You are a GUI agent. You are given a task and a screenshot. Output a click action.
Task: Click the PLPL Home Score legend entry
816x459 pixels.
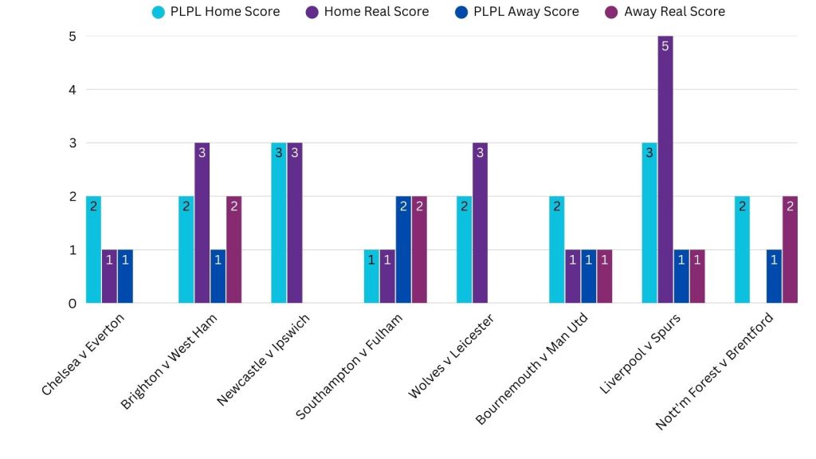click(215, 12)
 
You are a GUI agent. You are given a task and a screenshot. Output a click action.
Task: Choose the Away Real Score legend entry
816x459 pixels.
click(665, 12)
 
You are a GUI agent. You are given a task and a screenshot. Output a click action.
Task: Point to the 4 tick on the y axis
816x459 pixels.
click(72, 89)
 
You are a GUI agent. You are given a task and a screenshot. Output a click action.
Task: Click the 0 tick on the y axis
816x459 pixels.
click(72, 303)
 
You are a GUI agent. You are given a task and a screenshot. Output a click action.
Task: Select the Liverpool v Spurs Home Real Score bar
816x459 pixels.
click(665, 170)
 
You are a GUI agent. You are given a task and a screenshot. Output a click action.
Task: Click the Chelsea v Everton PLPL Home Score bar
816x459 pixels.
click(93, 249)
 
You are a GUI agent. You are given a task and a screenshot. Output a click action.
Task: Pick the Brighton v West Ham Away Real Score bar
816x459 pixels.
click(233, 249)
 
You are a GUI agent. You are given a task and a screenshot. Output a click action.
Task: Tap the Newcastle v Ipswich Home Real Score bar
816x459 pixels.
click(295, 223)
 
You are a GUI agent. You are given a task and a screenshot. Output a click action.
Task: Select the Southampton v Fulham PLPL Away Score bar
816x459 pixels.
click(403, 249)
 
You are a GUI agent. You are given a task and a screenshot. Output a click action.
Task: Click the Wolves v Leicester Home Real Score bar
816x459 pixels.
click(480, 223)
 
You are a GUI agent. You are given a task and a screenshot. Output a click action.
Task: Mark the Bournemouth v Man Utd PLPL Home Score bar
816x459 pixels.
click(557, 249)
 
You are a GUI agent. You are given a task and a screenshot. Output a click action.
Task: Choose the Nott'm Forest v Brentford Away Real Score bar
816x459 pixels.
click(790, 249)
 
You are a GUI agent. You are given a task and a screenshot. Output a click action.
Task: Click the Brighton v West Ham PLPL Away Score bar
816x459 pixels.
click(218, 277)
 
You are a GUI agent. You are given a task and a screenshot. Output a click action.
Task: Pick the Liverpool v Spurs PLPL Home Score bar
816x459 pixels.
click(649, 223)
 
